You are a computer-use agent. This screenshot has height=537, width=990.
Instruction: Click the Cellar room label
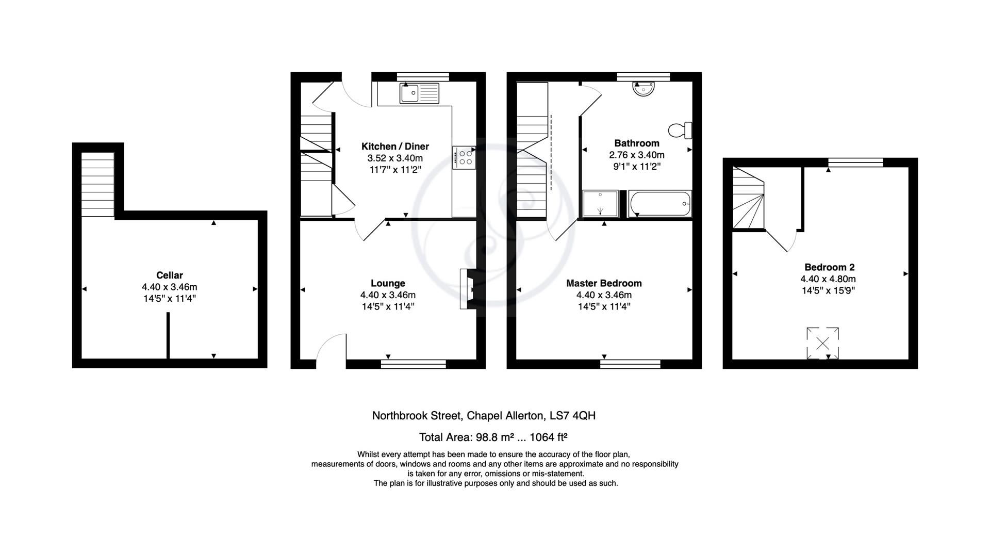(x=169, y=275)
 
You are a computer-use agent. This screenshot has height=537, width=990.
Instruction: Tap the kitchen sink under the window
(x=419, y=94)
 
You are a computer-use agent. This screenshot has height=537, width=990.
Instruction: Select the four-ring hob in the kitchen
(x=464, y=157)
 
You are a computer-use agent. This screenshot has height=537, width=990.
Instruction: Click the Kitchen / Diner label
(x=395, y=147)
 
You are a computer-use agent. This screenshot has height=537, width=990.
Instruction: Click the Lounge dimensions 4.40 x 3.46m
(x=388, y=295)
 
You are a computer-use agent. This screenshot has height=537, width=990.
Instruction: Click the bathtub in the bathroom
(x=659, y=204)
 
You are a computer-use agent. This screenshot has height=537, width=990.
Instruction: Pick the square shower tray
(x=600, y=203)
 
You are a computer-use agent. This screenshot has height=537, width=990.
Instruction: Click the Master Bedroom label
(x=604, y=283)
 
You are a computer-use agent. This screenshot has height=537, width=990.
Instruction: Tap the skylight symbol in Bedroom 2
(x=823, y=343)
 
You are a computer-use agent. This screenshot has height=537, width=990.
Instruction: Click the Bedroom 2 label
(x=829, y=267)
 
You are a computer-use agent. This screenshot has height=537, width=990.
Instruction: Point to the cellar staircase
(x=97, y=184)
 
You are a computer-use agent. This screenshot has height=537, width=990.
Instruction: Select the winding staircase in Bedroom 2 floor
(x=748, y=199)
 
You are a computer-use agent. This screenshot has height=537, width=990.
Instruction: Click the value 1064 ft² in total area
(x=549, y=437)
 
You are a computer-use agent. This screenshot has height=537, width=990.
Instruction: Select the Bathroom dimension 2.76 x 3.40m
(x=636, y=155)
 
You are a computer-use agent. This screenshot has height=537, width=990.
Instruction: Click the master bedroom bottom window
(x=630, y=364)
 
